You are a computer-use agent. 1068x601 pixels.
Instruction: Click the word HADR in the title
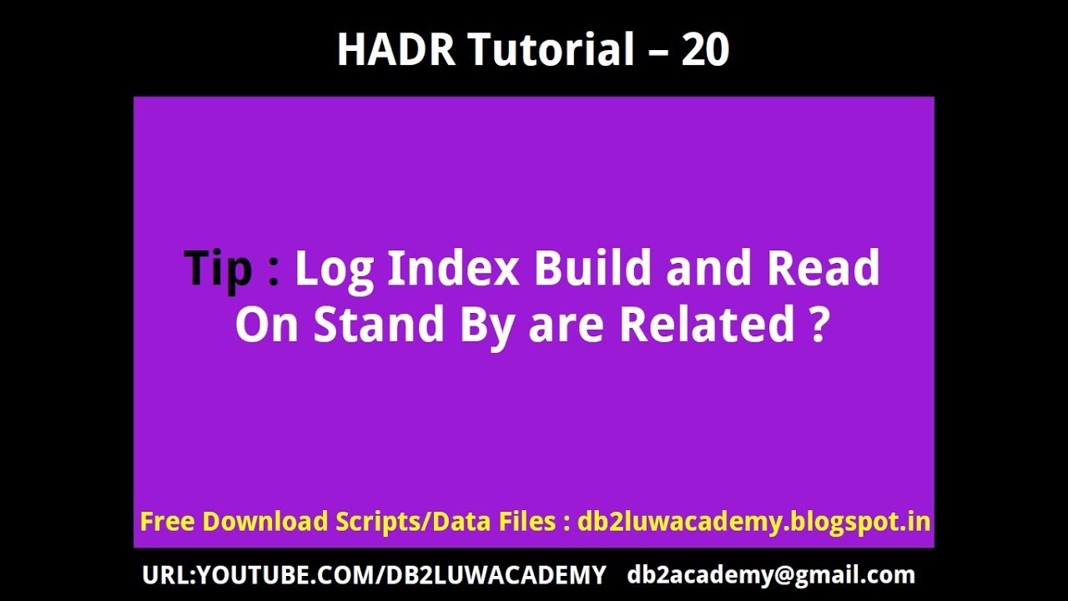click(x=395, y=50)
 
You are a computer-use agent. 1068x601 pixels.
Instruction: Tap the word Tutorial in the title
click(x=551, y=50)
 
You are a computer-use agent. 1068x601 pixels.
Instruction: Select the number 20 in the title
click(x=706, y=50)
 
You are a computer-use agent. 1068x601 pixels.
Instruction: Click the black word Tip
click(x=219, y=268)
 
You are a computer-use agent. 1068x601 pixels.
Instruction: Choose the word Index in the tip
click(x=454, y=268)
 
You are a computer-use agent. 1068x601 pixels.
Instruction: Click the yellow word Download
click(x=265, y=522)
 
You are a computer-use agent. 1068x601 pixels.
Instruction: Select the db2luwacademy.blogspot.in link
click(x=753, y=523)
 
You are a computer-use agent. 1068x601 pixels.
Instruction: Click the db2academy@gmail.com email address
click(x=771, y=575)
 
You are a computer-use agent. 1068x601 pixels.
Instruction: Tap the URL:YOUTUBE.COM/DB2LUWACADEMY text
click(x=374, y=575)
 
